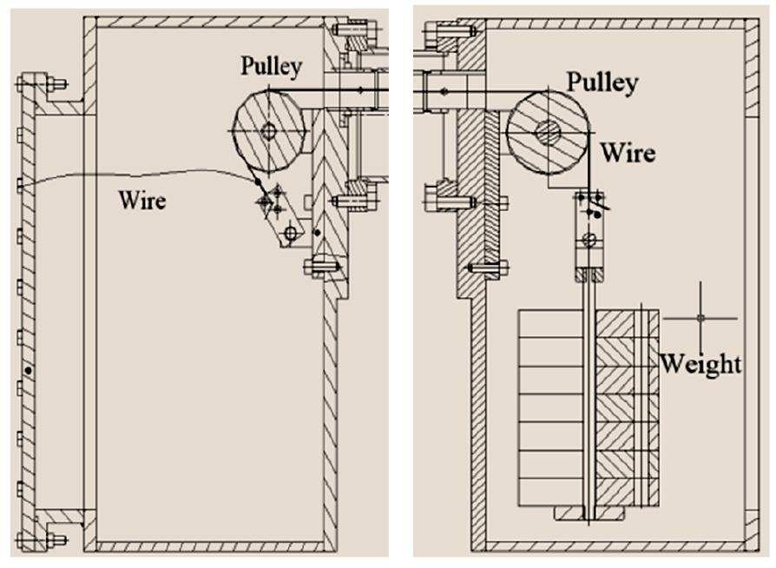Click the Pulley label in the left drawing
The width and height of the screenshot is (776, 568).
(271, 66)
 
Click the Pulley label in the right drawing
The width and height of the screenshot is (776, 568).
(602, 83)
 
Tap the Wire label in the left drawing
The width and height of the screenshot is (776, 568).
(142, 201)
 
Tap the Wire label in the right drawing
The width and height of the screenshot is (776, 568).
(628, 153)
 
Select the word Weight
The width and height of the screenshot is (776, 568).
(700, 363)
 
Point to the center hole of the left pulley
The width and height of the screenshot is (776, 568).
(267, 132)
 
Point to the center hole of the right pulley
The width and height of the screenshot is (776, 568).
(548, 133)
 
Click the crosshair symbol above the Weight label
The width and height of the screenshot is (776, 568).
(700, 318)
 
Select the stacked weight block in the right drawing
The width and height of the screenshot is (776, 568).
(556, 408)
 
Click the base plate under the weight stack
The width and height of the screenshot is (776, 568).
(590, 515)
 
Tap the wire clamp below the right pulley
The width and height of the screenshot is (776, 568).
(589, 234)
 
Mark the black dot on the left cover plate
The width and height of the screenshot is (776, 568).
(29, 371)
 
